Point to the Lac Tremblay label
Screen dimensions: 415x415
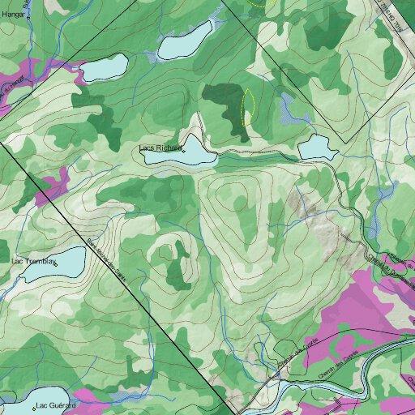click(x=32, y=262)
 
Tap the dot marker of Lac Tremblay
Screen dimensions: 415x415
click(x=56, y=263)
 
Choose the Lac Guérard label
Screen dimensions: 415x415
click(x=56, y=404)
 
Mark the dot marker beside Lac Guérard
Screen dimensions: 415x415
click(x=33, y=404)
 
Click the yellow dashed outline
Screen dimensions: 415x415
click(x=248, y=105)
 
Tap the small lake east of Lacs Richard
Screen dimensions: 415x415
click(x=316, y=148)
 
